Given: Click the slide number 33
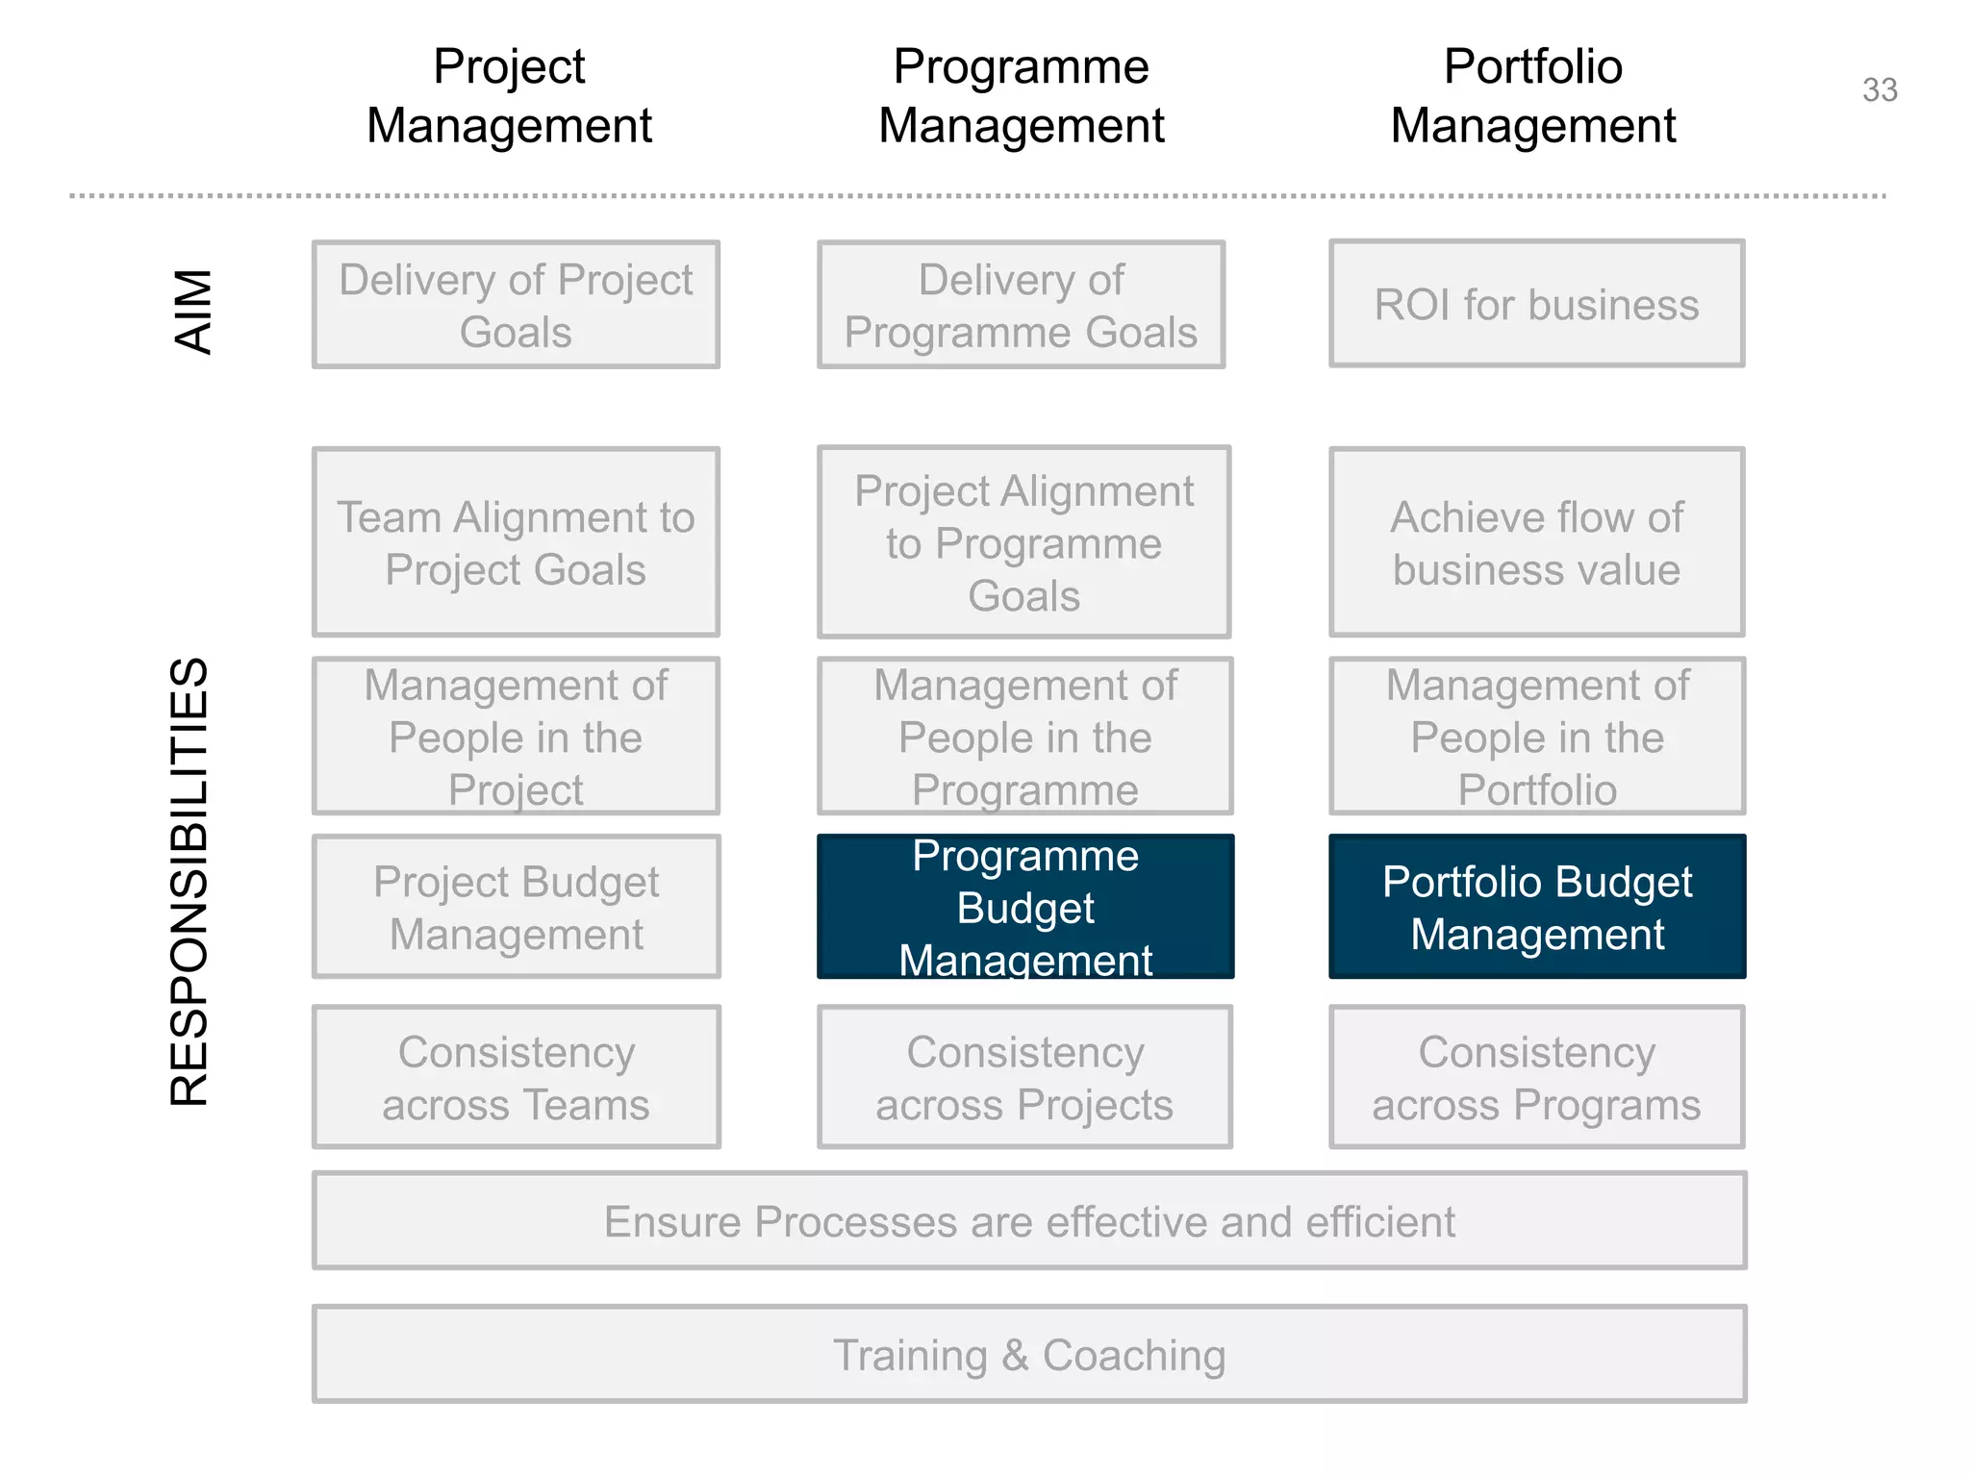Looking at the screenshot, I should [x=1880, y=90].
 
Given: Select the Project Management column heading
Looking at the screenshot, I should [x=509, y=96].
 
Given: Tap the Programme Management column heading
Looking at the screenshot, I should [x=1021, y=96].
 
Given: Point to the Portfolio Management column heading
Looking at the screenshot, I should [x=1533, y=96].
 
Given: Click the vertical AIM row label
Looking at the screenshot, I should [x=193, y=312].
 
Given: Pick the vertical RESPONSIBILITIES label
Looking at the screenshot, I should [x=189, y=881].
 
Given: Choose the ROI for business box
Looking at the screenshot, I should [x=1536, y=304].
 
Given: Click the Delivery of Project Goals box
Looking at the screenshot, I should [x=516, y=305].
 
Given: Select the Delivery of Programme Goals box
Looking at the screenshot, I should [x=1021, y=305].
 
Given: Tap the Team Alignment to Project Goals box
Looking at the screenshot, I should [x=516, y=542].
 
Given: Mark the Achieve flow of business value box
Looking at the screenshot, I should [x=1536, y=542].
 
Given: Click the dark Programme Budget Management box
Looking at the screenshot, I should [x=1024, y=907].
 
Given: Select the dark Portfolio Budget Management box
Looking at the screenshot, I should [x=1536, y=907].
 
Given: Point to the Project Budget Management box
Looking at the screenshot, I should [x=516, y=907].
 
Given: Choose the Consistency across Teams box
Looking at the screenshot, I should [x=516, y=1077].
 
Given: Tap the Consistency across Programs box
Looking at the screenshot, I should [x=1536, y=1077].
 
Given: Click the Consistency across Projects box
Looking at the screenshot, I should [x=1024, y=1077].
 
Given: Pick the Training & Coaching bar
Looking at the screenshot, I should [x=1029, y=1354].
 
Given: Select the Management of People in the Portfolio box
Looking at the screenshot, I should [x=1536, y=737].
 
